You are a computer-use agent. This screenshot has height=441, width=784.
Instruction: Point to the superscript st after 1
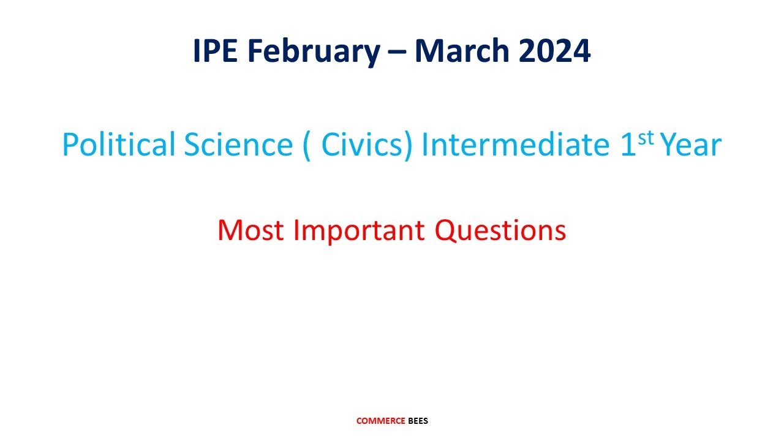click(x=646, y=138)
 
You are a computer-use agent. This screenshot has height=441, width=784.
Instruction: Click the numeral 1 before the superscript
click(x=629, y=145)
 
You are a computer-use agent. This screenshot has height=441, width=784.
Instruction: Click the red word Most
click(x=251, y=230)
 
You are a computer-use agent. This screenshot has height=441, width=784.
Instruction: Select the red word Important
click(x=358, y=230)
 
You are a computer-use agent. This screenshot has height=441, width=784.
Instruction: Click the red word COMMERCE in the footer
click(x=380, y=421)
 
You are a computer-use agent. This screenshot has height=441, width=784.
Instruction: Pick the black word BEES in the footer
click(x=418, y=421)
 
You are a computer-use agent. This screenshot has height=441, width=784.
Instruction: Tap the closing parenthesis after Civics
click(x=409, y=146)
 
